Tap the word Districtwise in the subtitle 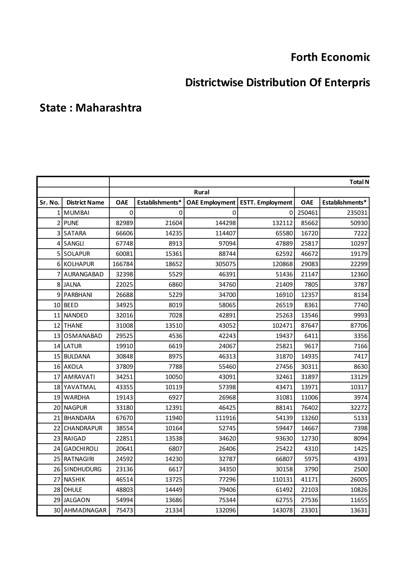214,82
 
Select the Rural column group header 202,192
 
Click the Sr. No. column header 50,203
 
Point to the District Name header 85,203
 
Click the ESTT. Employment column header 266,203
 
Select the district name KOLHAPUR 79,264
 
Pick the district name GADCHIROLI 81,449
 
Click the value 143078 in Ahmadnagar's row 282,510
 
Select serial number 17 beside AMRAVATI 57,377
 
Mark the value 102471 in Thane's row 282,325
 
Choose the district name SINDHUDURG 82,469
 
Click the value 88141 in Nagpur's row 284,408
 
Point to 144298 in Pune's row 226,223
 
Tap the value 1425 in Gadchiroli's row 361,449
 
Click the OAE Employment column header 211,203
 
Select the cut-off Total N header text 359,182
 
